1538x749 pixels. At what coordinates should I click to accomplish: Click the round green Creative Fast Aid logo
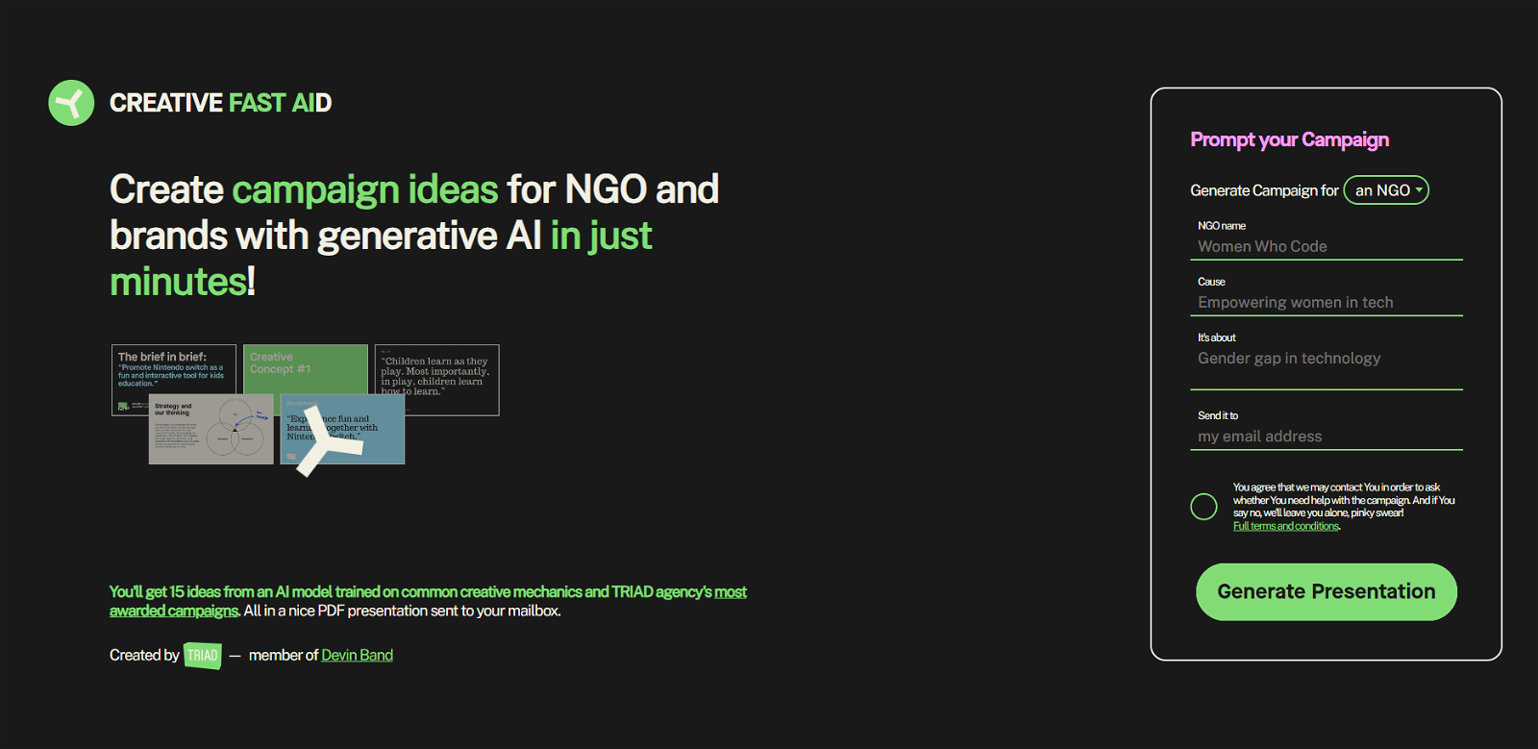click(71, 103)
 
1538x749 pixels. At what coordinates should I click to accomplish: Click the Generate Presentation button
click(1326, 591)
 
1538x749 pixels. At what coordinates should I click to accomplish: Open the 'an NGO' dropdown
click(1385, 190)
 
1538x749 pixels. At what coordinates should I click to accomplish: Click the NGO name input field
click(1326, 246)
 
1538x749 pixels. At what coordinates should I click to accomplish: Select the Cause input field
click(1326, 302)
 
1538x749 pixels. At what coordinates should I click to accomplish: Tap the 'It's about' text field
click(1326, 359)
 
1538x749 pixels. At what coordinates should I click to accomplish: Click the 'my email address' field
click(1326, 437)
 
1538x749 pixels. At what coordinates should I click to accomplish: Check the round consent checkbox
click(1203, 507)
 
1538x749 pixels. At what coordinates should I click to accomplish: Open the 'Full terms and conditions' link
click(1285, 526)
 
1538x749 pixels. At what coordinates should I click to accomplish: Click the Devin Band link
click(357, 655)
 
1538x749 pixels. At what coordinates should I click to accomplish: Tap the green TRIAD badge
click(202, 656)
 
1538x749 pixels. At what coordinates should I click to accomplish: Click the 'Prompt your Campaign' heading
click(1289, 140)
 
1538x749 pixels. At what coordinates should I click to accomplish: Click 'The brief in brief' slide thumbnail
click(173, 371)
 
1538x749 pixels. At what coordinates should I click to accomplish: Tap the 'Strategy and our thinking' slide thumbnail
click(211, 430)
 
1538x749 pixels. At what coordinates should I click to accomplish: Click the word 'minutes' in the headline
click(178, 282)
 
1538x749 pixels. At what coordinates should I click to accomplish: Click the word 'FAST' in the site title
click(257, 103)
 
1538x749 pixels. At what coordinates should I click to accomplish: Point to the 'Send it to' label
click(1217, 415)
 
